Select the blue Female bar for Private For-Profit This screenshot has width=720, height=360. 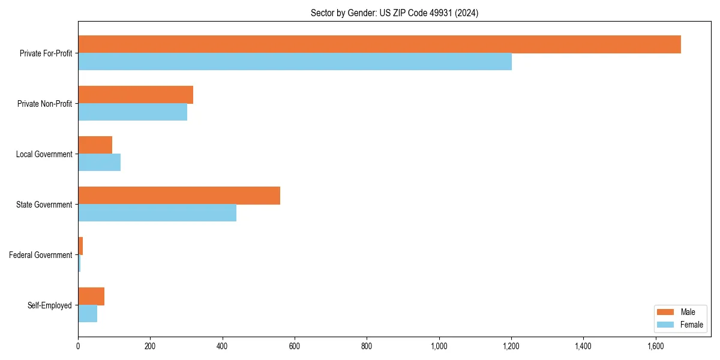coord(295,62)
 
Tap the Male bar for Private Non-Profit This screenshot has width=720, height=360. coord(136,95)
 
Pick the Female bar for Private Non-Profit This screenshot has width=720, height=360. coord(133,112)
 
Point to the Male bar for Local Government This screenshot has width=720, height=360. coord(95,145)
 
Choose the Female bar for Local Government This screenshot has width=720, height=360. coord(99,163)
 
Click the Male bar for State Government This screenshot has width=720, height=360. coord(179,196)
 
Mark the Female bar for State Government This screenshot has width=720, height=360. coord(157,213)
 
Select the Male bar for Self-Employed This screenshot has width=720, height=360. coord(91,296)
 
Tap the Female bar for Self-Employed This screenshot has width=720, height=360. coord(88,314)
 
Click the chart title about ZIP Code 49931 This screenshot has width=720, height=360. coord(394,13)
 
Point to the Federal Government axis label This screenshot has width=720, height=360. coord(40,255)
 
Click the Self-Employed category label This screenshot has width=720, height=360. coord(49,305)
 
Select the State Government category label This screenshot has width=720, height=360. coord(44,205)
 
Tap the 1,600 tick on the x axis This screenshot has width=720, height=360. coord(655,346)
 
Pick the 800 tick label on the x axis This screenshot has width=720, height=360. coord(367,346)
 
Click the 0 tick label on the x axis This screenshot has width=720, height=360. coord(78,346)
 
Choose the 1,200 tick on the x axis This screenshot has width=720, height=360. coord(511,346)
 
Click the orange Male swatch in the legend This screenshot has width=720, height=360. coord(666,312)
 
